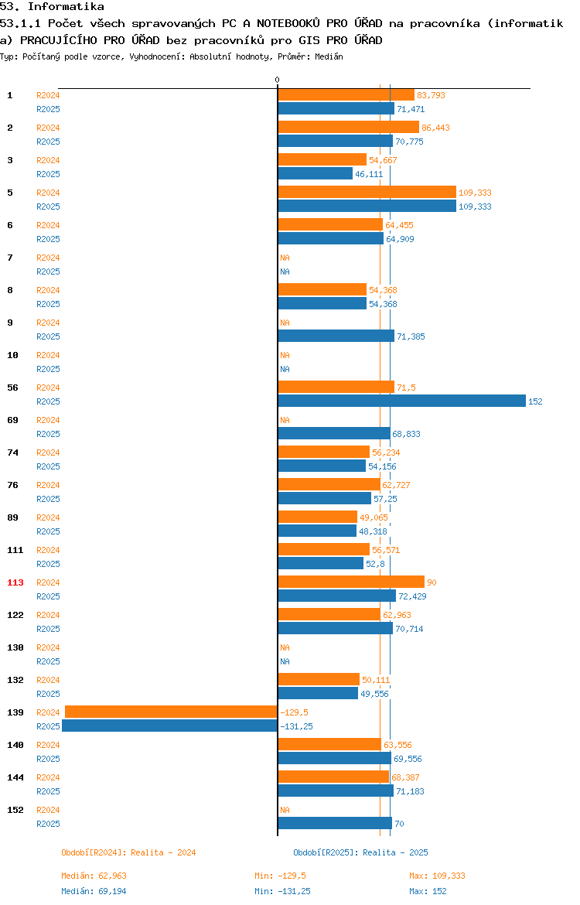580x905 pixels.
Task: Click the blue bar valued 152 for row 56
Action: tap(401, 401)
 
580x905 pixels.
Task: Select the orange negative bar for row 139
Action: tap(171, 712)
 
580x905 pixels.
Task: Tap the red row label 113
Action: tap(15, 583)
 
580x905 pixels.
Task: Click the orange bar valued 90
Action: tap(351, 582)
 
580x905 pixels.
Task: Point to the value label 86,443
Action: tap(435, 128)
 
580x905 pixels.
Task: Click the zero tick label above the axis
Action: tap(277, 80)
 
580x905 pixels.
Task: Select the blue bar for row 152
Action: tap(335, 824)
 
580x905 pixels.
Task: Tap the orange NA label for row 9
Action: tap(285, 323)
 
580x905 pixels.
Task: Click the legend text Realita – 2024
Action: tap(163, 852)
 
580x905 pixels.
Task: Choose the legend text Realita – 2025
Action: tap(395, 852)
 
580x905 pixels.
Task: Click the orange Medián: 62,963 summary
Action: tap(94, 876)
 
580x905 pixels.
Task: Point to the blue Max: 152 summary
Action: tap(428, 891)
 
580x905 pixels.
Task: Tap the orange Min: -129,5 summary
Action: tap(281, 876)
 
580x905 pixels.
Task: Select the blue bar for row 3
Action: tap(315, 174)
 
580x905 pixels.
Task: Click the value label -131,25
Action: tap(297, 726)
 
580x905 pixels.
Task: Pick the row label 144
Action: tap(15, 778)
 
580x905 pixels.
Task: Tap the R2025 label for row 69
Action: tap(48, 434)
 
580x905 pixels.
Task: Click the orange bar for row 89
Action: tap(317, 517)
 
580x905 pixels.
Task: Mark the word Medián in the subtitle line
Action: tap(329, 56)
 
